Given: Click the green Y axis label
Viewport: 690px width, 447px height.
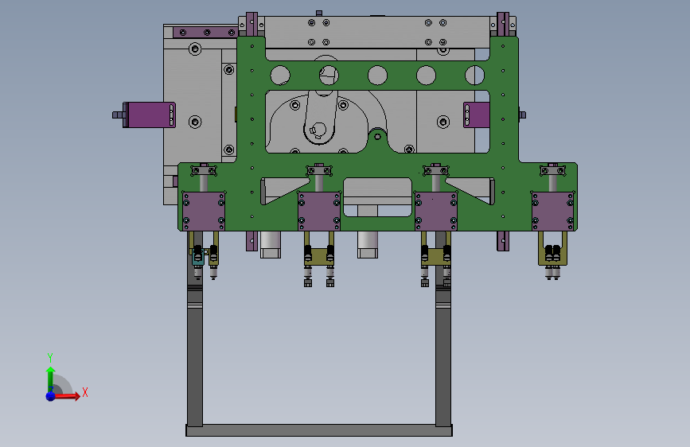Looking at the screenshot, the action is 50,357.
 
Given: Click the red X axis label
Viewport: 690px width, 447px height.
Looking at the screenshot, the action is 85,392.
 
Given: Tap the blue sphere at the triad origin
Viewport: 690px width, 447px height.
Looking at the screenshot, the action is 51,396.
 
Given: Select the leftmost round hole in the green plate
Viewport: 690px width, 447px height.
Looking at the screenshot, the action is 280,76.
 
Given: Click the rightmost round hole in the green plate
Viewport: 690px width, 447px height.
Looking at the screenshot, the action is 475,76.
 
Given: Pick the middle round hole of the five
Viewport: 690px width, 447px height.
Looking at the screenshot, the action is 377,76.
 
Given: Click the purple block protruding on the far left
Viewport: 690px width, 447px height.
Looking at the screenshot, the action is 149,115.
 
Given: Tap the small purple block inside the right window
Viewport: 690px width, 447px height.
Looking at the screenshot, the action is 477,115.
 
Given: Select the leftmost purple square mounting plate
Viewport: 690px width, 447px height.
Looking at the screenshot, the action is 204,212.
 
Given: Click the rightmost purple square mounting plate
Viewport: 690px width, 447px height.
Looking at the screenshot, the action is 552,212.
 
